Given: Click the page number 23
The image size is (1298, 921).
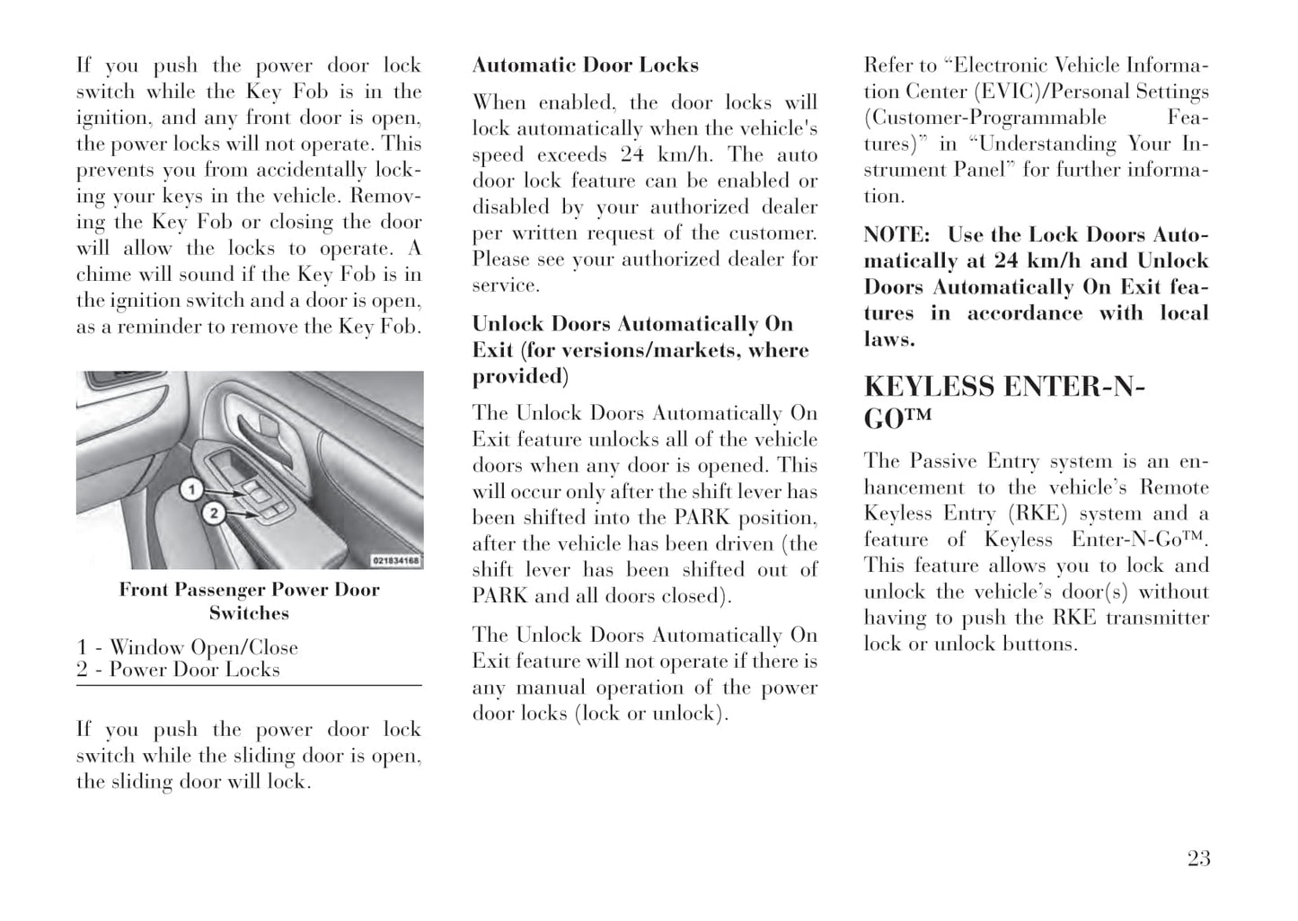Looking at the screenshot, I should [1198, 859].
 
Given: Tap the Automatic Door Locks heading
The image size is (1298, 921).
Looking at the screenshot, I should [585, 66].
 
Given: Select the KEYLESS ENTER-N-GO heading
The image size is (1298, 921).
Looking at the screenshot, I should [1004, 400].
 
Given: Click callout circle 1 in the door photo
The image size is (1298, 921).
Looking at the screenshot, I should [190, 489].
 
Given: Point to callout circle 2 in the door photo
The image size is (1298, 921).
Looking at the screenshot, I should [213, 513].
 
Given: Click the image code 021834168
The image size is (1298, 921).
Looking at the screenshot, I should [396, 561].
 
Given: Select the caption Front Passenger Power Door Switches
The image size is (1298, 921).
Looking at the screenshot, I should [249, 601].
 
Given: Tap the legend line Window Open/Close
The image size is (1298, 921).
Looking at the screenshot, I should [203, 647].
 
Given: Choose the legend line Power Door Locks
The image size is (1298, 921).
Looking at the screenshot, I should [194, 670].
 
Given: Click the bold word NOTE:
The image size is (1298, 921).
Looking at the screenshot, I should [896, 235].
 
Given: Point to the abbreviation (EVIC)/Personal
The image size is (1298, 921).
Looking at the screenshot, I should [1010, 92].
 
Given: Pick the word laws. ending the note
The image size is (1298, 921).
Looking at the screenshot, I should [889, 339].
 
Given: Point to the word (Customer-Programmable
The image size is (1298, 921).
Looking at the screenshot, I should [985, 118].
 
